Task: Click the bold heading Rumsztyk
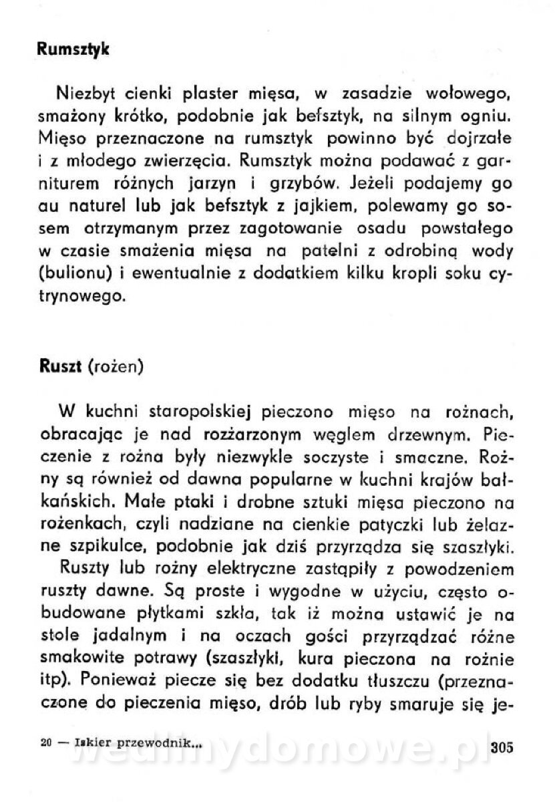point(73,49)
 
